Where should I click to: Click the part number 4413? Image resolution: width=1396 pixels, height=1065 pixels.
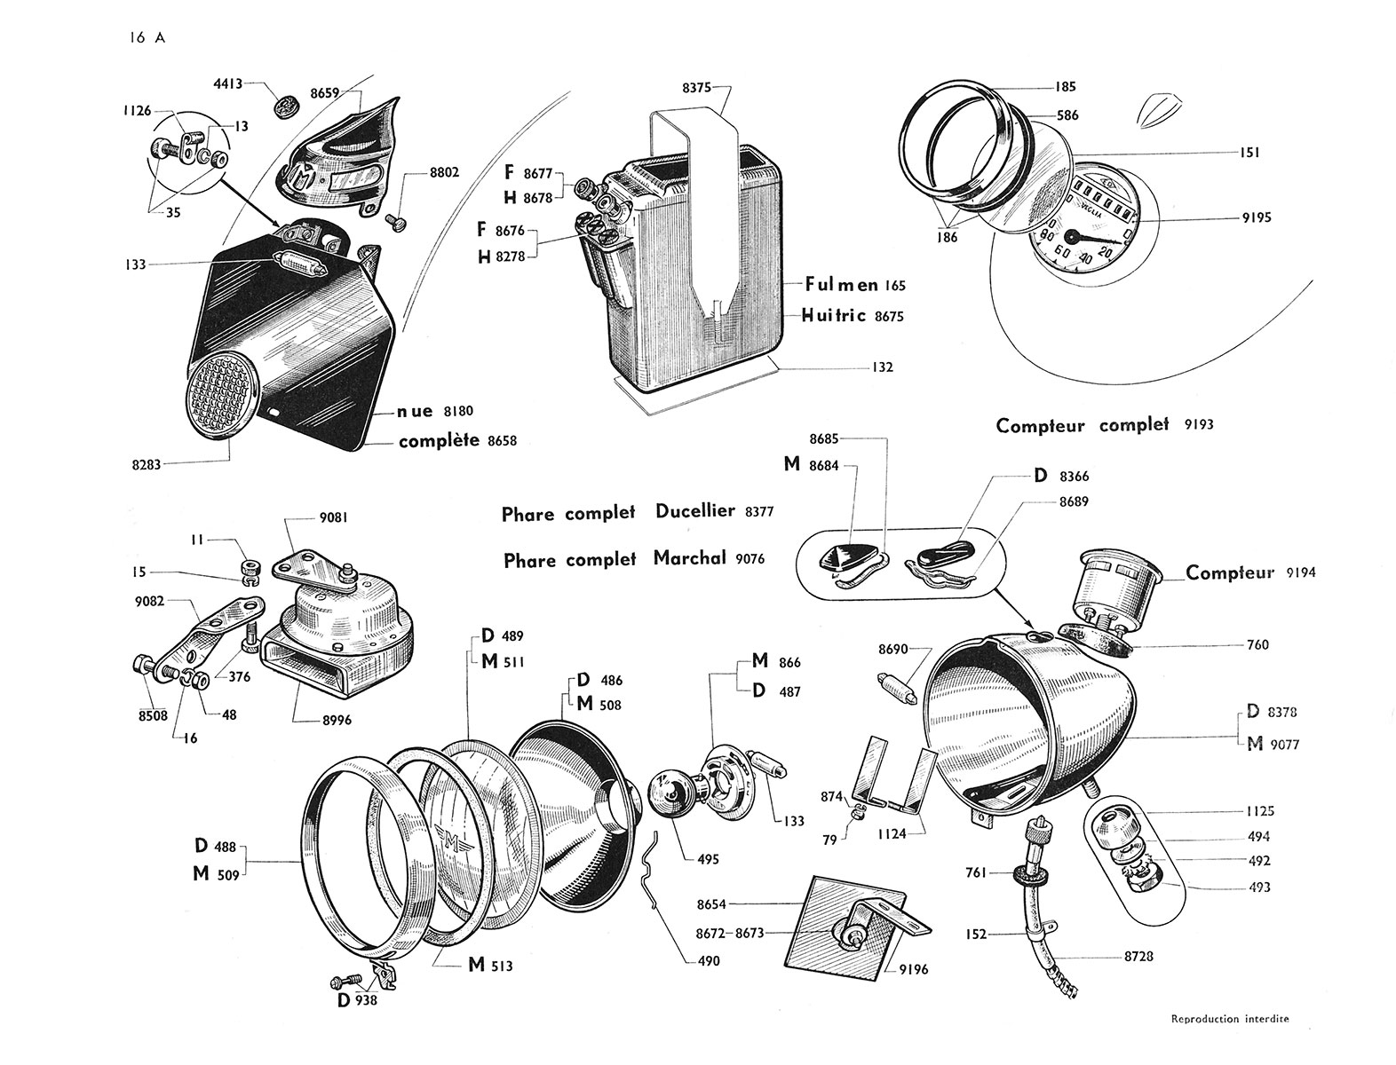point(227,85)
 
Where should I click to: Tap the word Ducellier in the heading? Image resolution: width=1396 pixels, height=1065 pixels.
point(694,511)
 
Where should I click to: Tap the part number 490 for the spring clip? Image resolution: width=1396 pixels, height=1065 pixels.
point(708,961)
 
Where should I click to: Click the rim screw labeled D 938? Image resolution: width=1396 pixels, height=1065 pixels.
point(343,982)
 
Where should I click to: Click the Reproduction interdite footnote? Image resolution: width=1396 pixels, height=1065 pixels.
point(1229,1019)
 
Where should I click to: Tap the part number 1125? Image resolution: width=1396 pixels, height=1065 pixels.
point(1258,811)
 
